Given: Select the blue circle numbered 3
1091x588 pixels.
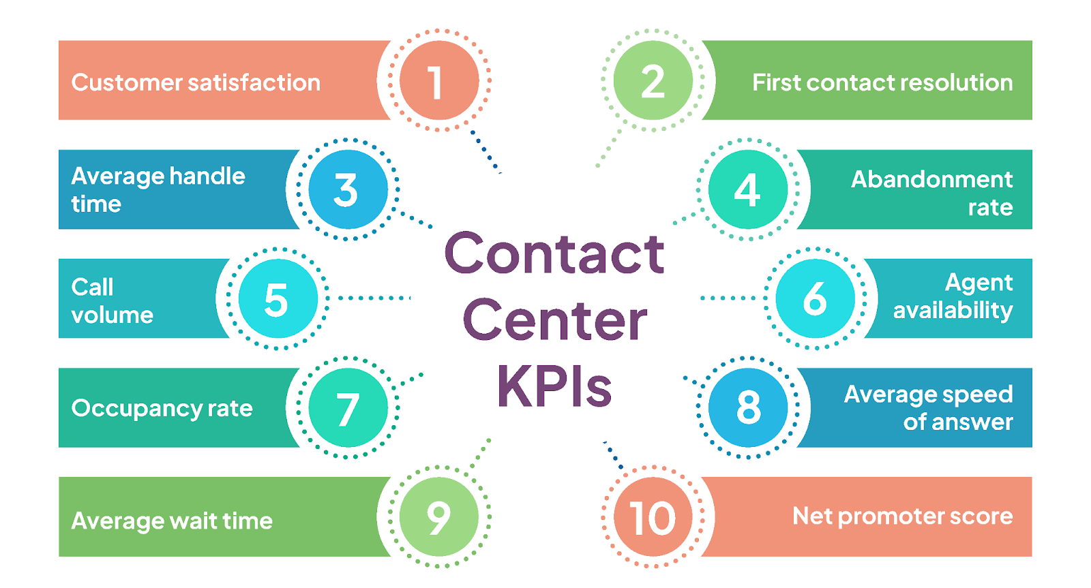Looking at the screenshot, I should pyautogui.click(x=348, y=189).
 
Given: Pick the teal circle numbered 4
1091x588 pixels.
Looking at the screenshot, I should pyautogui.click(x=748, y=189).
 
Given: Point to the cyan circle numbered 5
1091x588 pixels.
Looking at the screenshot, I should pyautogui.click(x=278, y=298).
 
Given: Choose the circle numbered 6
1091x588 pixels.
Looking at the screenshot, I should pyautogui.click(x=815, y=298).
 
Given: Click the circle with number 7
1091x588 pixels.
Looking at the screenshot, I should pyautogui.click(x=348, y=407).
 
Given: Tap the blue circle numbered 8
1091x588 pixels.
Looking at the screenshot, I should pyautogui.click(x=748, y=407).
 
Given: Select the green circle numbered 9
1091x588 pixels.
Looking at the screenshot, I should pyautogui.click(x=438, y=516).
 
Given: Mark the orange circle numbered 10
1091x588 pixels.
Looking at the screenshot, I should pyautogui.click(x=653, y=516).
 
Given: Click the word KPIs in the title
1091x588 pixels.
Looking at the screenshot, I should pyautogui.click(x=554, y=386).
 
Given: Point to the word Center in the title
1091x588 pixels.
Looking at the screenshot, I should pyautogui.click(x=554, y=320).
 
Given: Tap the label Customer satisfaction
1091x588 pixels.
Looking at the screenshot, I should pyautogui.click(x=196, y=82).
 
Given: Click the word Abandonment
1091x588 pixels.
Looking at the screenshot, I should pyautogui.click(x=931, y=179).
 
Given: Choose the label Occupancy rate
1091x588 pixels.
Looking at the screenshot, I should pyautogui.click(x=162, y=408).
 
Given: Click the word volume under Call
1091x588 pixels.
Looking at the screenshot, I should pyautogui.click(x=113, y=315).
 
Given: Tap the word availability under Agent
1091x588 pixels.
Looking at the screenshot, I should pyautogui.click(x=953, y=311).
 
